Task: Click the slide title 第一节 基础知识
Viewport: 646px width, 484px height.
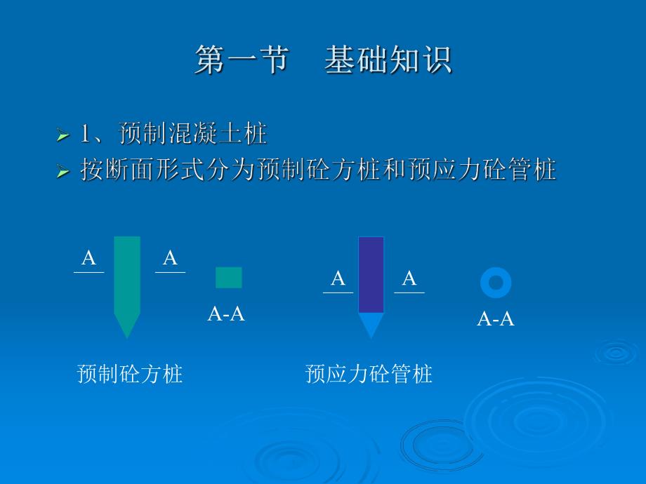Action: pyautogui.click(x=323, y=60)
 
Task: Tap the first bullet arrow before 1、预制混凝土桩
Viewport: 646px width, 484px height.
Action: pyautogui.click(x=63, y=135)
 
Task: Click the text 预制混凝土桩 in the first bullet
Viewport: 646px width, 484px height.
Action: pyautogui.click(x=193, y=133)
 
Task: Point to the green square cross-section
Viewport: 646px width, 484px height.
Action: pyautogui.click(x=228, y=278)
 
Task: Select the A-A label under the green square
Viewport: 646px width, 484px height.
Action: pyautogui.click(x=226, y=314)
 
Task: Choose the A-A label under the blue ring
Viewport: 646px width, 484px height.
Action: pyautogui.click(x=496, y=319)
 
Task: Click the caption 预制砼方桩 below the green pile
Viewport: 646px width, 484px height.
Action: pyautogui.click(x=130, y=373)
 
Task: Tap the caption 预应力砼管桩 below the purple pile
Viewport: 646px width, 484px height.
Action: pyautogui.click(x=369, y=374)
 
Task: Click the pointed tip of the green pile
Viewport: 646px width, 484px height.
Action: pyautogui.click(x=127, y=327)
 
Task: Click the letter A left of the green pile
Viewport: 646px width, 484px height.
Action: pyautogui.click(x=88, y=258)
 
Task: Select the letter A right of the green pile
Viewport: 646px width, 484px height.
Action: pyautogui.click(x=170, y=258)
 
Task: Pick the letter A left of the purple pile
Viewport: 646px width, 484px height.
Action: pyautogui.click(x=338, y=279)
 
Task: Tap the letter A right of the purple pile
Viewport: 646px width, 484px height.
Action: pyautogui.click(x=409, y=279)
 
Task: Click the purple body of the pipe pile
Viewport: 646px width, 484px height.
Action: pyautogui.click(x=371, y=274)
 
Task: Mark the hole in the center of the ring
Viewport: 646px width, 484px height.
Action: pyautogui.click(x=496, y=283)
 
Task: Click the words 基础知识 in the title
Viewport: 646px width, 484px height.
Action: pyautogui.click(x=388, y=60)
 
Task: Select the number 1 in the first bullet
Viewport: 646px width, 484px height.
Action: pyautogui.click(x=87, y=134)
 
